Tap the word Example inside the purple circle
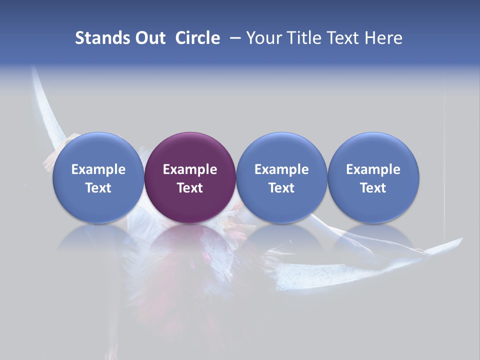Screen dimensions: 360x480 point(190,169)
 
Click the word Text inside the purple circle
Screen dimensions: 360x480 point(190,188)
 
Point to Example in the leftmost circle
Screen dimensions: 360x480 point(98,169)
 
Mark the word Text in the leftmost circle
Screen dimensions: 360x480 point(98,188)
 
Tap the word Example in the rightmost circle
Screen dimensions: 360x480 point(373,169)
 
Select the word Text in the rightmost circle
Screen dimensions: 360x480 point(373,188)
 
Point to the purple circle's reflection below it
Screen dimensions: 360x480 point(190,240)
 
